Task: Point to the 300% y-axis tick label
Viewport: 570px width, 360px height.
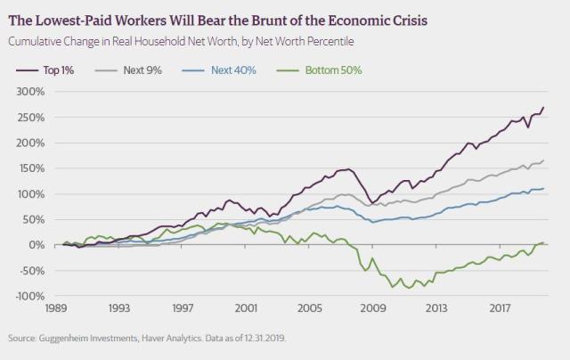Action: click(x=30, y=91)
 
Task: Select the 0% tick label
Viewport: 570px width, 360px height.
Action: click(x=36, y=245)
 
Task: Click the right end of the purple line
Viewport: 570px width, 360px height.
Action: click(x=544, y=107)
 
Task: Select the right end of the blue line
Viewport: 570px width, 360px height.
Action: click(x=544, y=188)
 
